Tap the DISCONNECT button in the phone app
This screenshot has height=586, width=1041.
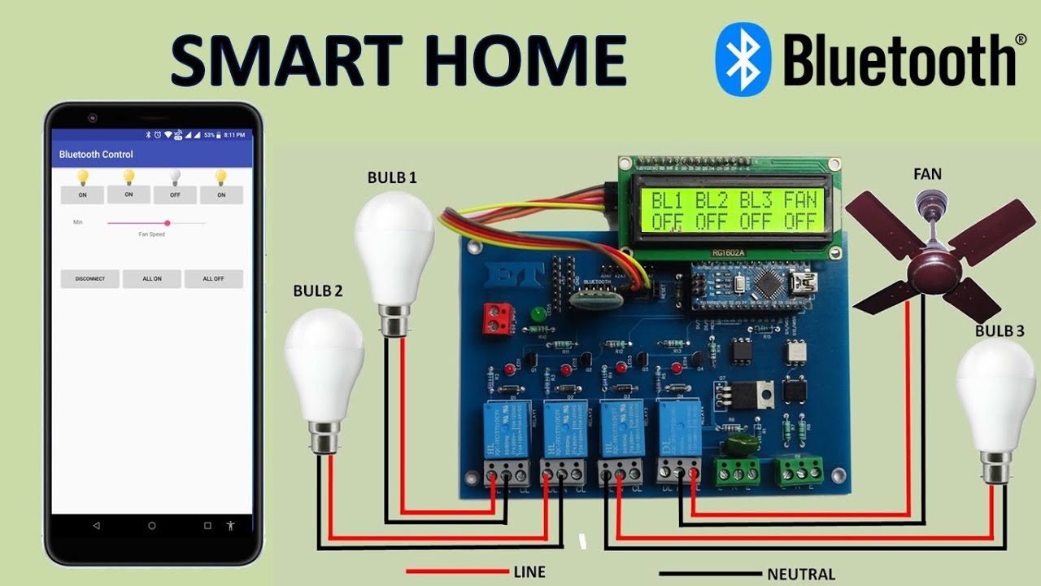click(x=89, y=278)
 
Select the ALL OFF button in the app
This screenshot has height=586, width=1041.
click(x=213, y=278)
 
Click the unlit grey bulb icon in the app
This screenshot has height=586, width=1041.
click(x=175, y=177)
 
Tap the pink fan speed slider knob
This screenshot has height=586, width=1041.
click(x=168, y=222)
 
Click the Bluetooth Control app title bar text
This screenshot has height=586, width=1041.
click(x=96, y=155)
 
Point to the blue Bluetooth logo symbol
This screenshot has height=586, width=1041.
click(x=742, y=59)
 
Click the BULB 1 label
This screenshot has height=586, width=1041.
click(x=392, y=177)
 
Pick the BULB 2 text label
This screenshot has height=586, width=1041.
click(x=318, y=291)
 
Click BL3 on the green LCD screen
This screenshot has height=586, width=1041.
click(x=754, y=199)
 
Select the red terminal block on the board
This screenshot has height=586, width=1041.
click(x=497, y=317)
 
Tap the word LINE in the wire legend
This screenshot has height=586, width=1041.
click(x=529, y=571)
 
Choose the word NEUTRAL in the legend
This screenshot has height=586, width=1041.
click(x=801, y=574)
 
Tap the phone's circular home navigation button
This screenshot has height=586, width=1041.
click(x=152, y=526)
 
